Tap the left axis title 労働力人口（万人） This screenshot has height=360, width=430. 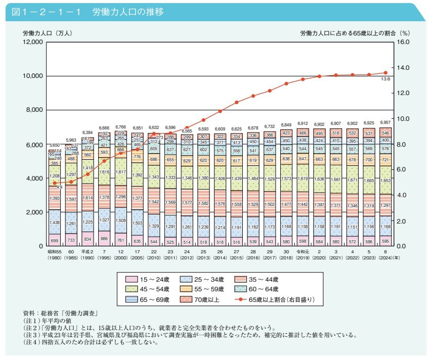(x=48, y=33)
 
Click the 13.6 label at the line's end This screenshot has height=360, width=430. (x=385, y=79)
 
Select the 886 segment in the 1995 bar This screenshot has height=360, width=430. (x=104, y=238)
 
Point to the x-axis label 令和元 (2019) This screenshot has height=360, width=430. (x=302, y=254)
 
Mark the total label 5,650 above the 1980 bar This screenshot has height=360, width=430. (x=54, y=145)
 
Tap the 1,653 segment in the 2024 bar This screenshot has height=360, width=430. (x=385, y=179)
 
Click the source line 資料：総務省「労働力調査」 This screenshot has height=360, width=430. (x=60, y=313)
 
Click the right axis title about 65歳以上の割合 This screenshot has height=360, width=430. (x=354, y=33)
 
